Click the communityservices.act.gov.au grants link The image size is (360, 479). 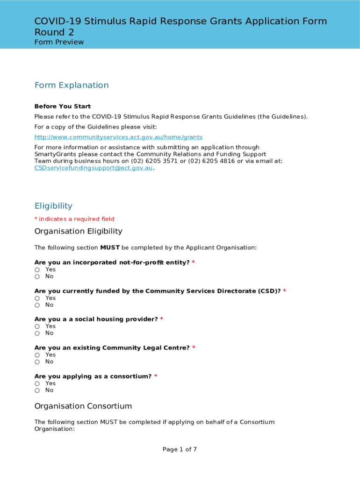click(118, 137)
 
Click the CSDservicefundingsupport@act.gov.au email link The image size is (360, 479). click(94, 168)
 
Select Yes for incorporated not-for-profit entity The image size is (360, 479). click(37, 270)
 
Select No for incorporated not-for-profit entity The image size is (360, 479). click(37, 277)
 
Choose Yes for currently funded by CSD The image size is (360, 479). click(37, 298)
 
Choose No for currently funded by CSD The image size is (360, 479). click(37, 305)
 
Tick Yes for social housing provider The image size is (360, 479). click(37, 327)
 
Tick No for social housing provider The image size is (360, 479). click(37, 334)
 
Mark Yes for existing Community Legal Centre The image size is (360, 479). click(37, 355)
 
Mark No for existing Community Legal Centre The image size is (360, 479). click(37, 362)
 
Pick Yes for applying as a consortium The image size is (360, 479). click(37, 384)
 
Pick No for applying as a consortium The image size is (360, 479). click(37, 391)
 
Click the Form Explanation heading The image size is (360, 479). click(72, 85)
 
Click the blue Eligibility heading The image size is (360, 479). click(53, 206)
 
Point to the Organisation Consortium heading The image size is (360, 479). click(83, 406)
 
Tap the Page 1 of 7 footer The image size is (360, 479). click(180, 450)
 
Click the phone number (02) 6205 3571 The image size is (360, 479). click(155, 161)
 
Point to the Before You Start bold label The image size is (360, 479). click(63, 107)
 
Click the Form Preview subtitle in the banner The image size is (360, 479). click(59, 42)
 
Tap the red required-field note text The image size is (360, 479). click(74, 219)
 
